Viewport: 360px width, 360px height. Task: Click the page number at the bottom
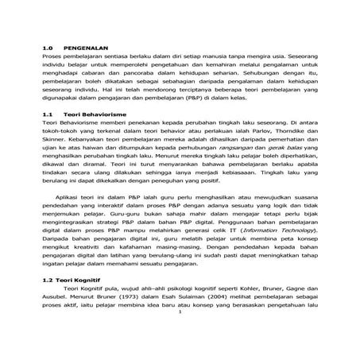180,355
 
